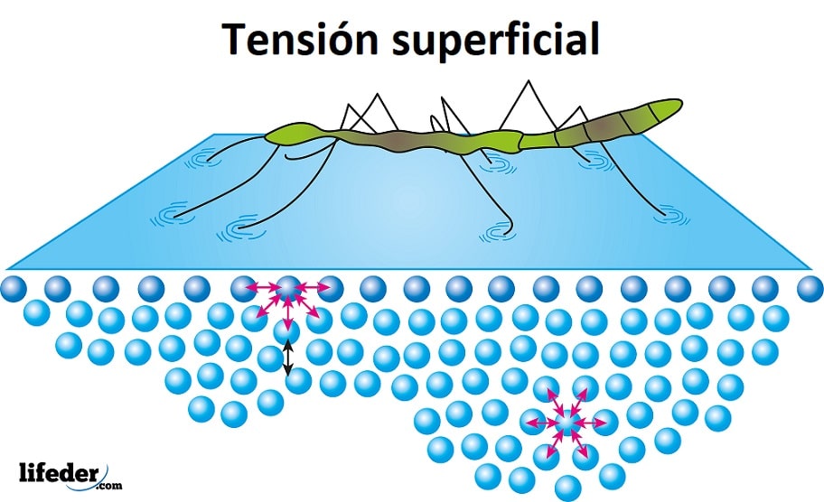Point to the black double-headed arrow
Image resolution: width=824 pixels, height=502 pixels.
(x=288, y=358)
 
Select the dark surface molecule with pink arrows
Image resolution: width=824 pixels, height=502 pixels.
(x=288, y=290)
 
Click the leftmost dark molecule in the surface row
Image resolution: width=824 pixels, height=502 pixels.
(x=15, y=289)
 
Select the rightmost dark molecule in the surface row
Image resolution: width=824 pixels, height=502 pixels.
(x=810, y=289)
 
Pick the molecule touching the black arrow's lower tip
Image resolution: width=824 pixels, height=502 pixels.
(x=299, y=382)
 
